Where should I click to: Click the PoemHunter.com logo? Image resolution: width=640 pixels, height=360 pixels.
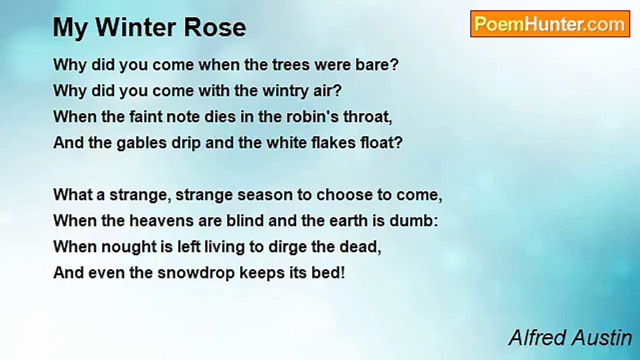point(549,24)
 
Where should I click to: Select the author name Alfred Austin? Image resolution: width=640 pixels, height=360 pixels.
point(570,338)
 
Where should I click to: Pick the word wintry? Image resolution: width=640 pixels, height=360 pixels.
point(288,91)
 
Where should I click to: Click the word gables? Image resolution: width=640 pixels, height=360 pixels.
point(141,143)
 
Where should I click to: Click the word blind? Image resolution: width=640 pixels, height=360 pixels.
point(241,221)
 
